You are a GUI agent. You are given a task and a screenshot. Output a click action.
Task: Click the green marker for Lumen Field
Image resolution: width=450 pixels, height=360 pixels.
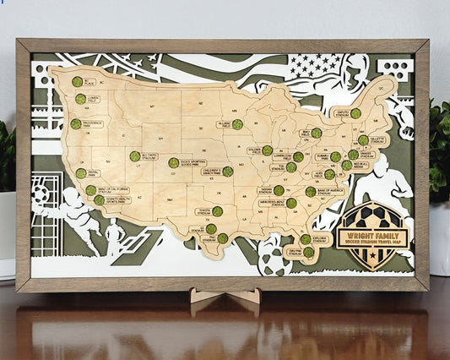coord(80,99)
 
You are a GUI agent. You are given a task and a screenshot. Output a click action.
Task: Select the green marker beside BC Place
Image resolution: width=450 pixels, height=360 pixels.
coord(77,82)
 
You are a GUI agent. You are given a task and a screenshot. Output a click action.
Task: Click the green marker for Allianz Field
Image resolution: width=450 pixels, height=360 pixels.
coord(237,124)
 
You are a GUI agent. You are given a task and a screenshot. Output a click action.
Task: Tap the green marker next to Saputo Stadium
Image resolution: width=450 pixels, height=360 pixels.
coord(355,113)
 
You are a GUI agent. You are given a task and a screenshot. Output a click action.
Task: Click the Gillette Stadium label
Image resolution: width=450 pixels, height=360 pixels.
coord(377,139)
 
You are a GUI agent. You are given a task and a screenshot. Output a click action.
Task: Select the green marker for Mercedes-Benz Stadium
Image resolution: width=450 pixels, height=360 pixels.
coord(291,203)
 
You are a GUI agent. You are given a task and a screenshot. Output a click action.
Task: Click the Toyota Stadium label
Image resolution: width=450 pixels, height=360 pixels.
coord(203,211)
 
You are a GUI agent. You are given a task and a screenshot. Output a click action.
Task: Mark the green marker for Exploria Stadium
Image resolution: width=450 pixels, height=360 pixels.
coord(306,239)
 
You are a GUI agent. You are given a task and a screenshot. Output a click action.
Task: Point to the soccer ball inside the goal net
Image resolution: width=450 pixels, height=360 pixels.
coord(40,195)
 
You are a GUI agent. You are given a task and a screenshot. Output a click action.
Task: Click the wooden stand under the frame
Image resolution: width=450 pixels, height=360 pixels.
coord(224,298)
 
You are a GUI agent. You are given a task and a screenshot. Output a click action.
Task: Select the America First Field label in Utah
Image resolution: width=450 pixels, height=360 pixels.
coord(149,156)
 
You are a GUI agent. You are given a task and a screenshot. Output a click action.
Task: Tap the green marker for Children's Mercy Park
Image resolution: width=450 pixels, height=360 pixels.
coord(227,172)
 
